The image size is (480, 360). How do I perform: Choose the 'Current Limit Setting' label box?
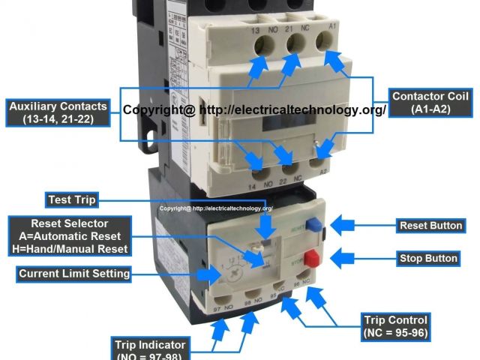tap(74, 274)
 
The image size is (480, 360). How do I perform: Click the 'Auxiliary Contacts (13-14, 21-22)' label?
tap(58, 112)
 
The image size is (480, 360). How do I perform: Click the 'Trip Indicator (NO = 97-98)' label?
tap(150, 349)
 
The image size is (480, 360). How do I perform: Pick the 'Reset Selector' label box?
tap(69, 236)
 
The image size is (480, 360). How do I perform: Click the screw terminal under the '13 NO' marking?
tap(262, 46)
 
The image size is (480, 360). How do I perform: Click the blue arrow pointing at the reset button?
tap(348, 225)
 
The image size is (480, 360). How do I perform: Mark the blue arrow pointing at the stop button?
tap(348, 259)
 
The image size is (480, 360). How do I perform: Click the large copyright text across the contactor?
tap(254, 109)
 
